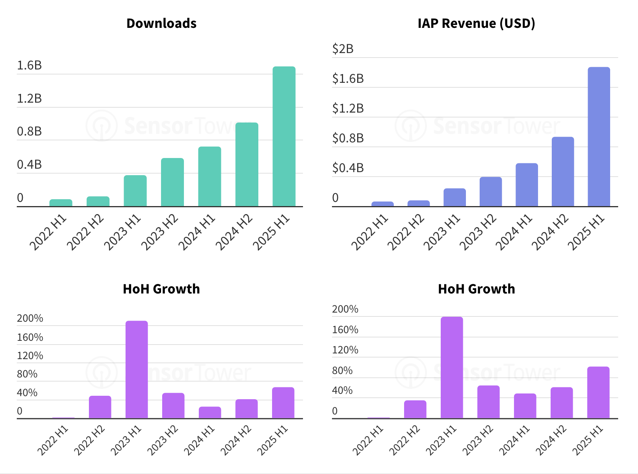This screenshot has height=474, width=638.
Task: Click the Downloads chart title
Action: point(161,23)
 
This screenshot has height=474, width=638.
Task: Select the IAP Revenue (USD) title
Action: point(476,23)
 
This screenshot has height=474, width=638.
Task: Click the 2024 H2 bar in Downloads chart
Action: point(247,164)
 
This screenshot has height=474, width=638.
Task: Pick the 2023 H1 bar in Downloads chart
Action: point(135,191)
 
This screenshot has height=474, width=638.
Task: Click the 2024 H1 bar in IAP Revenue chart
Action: point(527,185)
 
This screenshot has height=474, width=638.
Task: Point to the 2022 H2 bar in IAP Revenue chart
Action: point(419,203)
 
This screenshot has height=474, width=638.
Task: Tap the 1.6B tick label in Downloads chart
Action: point(29,66)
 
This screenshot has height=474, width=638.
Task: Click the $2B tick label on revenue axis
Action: point(343,49)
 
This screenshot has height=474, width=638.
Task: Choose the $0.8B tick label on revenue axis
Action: point(348,138)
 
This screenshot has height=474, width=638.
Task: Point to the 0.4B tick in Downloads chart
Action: point(29,165)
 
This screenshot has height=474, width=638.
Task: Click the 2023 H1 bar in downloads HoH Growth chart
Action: point(137,369)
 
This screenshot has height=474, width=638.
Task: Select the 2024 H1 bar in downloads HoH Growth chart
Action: point(210,413)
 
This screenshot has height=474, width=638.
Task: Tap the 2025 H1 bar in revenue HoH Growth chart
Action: point(598,392)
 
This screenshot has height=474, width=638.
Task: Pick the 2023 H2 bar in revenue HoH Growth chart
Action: point(488,402)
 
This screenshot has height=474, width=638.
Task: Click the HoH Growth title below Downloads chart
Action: point(161,289)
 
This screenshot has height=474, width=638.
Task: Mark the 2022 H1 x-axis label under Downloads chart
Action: point(48,232)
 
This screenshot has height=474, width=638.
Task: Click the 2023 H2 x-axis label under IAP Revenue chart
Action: point(478,232)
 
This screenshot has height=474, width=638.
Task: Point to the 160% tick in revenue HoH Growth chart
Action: point(345,330)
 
